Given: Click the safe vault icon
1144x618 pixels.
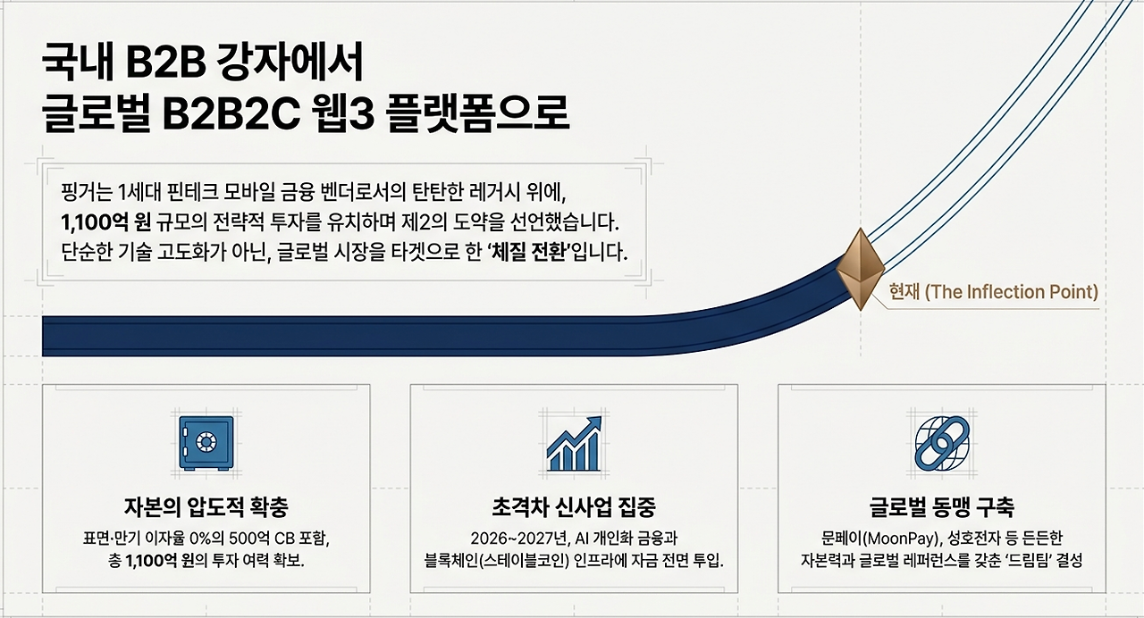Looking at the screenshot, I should [206, 442].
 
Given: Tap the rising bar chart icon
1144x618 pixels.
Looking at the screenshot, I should [574, 442].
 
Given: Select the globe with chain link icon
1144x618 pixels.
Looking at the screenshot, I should [941, 442].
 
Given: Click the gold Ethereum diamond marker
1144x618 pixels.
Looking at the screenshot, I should [860, 269].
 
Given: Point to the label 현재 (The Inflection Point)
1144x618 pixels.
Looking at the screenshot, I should [993, 292].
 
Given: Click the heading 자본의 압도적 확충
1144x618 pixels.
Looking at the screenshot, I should [206, 508].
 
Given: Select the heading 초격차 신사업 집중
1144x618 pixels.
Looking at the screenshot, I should [574, 508].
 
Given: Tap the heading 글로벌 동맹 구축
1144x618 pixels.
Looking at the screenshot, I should [941, 508].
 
